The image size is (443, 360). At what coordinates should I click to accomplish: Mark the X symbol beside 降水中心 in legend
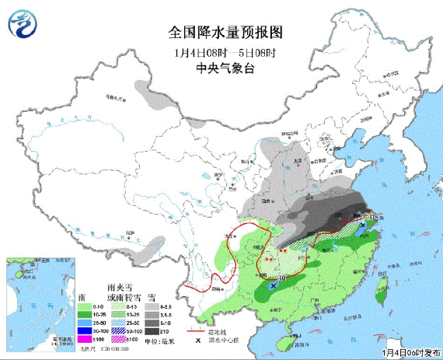[197, 341]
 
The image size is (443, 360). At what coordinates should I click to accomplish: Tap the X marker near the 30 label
[273, 287]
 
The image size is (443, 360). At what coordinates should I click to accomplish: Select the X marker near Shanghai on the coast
[365, 225]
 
